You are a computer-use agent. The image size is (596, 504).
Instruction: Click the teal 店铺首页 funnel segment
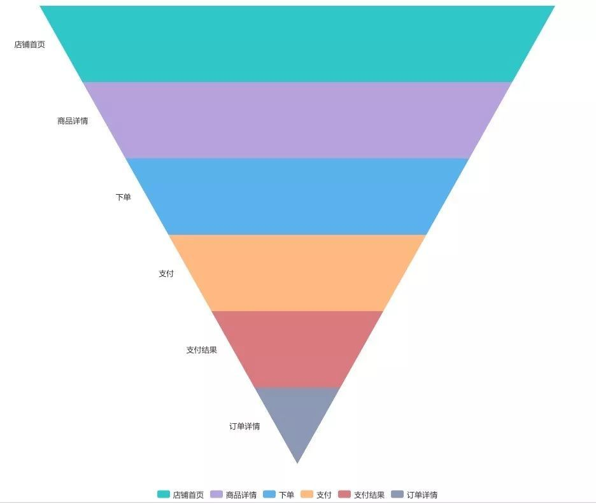tap(297, 44)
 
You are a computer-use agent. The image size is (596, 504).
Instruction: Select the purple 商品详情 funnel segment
tap(297, 120)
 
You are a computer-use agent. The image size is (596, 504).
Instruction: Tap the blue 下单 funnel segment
tap(297, 197)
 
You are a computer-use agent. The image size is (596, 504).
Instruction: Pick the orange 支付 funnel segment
tap(297, 273)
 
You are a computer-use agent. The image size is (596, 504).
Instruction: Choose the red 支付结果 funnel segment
tap(297, 349)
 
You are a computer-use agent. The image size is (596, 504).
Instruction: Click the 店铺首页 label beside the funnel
tap(30, 45)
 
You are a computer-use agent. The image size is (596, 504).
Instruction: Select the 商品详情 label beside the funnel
tap(73, 121)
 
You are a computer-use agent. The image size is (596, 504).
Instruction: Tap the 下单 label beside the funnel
tap(123, 197)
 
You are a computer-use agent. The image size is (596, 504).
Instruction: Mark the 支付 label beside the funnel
tap(166, 274)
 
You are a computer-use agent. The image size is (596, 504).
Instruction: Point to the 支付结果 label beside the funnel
tap(201, 350)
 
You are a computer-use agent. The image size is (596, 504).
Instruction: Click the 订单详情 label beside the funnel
tap(245, 426)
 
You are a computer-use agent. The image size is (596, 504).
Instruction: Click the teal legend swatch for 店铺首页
tap(164, 494)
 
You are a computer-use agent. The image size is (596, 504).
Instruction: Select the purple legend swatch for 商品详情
tap(216, 494)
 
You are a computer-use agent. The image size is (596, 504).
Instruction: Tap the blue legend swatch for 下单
tap(269, 494)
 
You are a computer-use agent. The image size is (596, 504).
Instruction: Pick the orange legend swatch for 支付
tap(307, 494)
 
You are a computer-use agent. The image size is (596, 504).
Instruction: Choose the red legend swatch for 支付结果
tap(344, 494)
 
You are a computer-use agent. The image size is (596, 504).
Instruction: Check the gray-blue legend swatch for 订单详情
tap(397, 494)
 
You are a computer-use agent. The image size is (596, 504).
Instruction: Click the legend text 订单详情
tap(422, 495)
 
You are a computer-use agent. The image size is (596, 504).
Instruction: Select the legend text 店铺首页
tap(188, 495)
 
